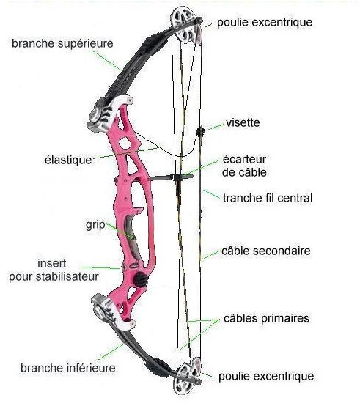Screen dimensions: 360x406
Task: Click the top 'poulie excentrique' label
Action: pos(265,23)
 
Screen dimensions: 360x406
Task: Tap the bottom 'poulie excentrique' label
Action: pos(266,377)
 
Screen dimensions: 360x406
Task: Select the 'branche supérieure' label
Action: pos(62,44)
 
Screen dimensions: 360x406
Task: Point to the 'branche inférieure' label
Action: pos(68,368)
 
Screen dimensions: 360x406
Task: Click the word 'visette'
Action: pos(243,122)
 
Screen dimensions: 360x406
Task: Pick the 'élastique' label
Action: pos(68,160)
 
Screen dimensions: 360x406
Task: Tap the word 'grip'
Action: pos(95,225)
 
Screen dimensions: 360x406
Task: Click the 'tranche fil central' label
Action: pos(268,198)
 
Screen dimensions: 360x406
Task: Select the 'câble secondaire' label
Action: pos(266,251)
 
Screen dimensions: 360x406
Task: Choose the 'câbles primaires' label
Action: pos(266,319)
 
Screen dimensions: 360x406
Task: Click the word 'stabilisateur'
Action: pos(67,276)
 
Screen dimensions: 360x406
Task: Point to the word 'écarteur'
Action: pos(244,159)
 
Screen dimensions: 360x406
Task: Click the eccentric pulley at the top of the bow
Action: pos(186,25)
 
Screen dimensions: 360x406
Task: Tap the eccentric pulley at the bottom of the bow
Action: pos(188,376)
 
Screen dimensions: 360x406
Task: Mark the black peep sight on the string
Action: pos(200,132)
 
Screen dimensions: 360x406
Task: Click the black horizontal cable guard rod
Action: pos(171,177)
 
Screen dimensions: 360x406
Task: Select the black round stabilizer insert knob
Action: pos(142,279)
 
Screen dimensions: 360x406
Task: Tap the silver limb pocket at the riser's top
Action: pos(109,113)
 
